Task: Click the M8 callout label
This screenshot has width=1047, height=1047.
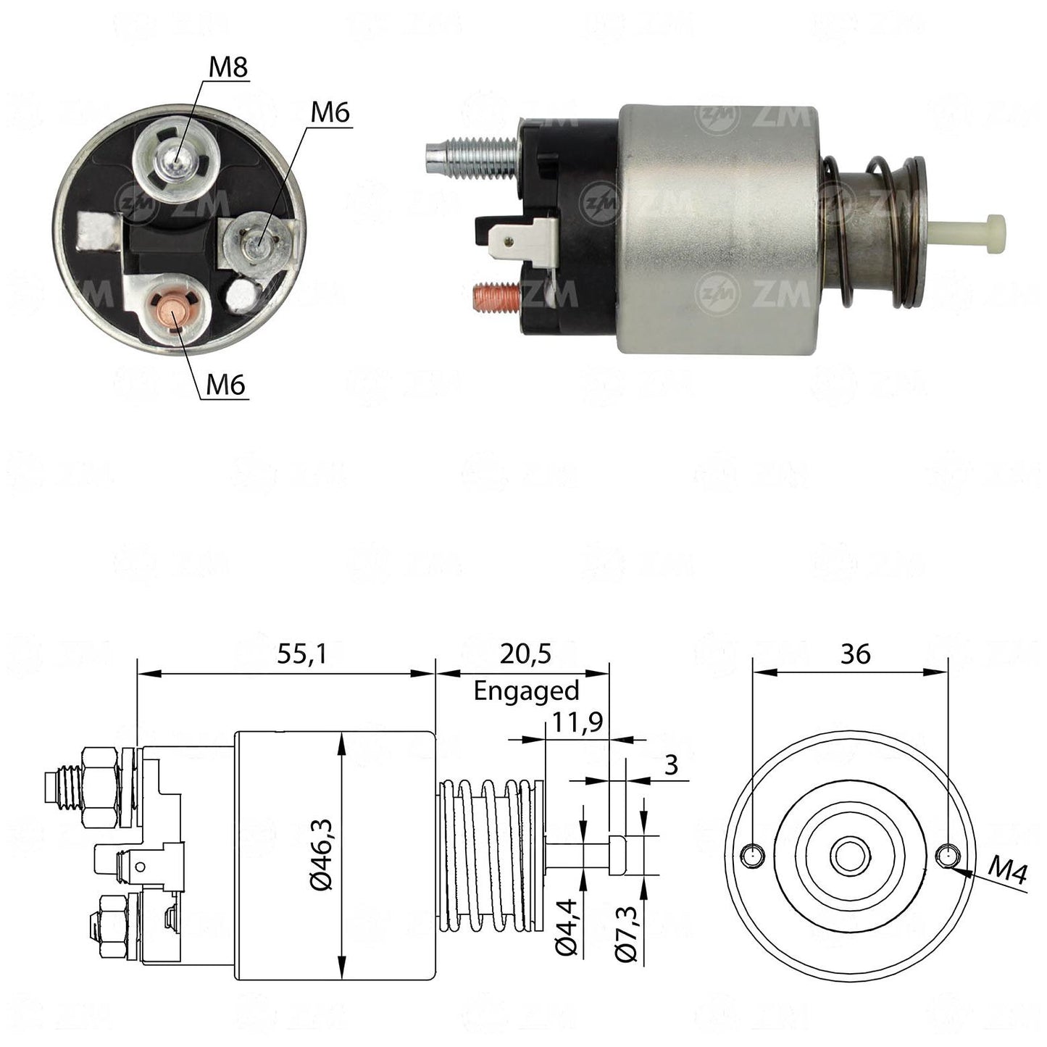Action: (x=228, y=68)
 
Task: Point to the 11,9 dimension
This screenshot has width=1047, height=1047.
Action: (x=577, y=722)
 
